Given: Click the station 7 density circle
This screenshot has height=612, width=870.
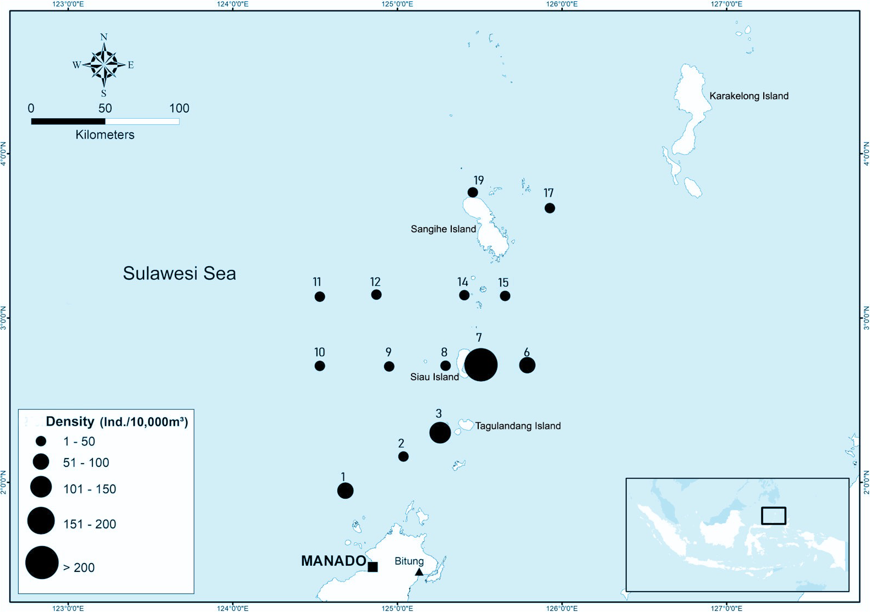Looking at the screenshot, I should pyautogui.click(x=481, y=365).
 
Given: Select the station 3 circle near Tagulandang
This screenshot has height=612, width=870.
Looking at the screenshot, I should pyautogui.click(x=440, y=433).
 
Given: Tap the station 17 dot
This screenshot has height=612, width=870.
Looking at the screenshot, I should pyautogui.click(x=549, y=208).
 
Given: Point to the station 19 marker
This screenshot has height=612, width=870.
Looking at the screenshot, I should pyautogui.click(x=473, y=192).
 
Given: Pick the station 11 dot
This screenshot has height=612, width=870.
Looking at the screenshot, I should pyautogui.click(x=320, y=296).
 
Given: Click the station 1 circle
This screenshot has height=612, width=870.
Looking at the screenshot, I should pyautogui.click(x=345, y=490).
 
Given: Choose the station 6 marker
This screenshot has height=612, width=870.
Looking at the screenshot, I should pyautogui.click(x=527, y=365).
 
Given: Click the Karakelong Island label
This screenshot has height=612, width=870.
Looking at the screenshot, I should pyautogui.click(x=748, y=96).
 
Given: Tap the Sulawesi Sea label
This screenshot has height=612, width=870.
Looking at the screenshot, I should pyautogui.click(x=179, y=273).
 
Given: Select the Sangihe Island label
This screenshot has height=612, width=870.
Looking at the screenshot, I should pyautogui.click(x=443, y=229).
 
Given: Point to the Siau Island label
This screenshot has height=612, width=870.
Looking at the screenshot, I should pyautogui.click(x=434, y=377).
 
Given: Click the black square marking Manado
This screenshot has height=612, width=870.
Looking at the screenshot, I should pyautogui.click(x=373, y=567).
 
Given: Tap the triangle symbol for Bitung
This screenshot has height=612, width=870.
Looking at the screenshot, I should pyautogui.click(x=419, y=572).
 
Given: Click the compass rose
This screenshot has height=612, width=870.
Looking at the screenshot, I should pyautogui.click(x=104, y=65).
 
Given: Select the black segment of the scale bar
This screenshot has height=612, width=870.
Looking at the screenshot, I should pyautogui.click(x=68, y=122).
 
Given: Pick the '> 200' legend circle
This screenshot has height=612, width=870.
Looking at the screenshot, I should pyautogui.click(x=42, y=563).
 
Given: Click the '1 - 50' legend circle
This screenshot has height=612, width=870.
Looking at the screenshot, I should pyautogui.click(x=41, y=441).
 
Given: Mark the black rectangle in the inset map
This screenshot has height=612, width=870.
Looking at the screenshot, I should pyautogui.click(x=773, y=516).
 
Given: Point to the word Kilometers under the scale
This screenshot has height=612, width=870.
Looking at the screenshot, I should pyautogui.click(x=105, y=135).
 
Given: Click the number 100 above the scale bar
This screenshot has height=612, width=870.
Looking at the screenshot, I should pyautogui.click(x=179, y=108).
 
